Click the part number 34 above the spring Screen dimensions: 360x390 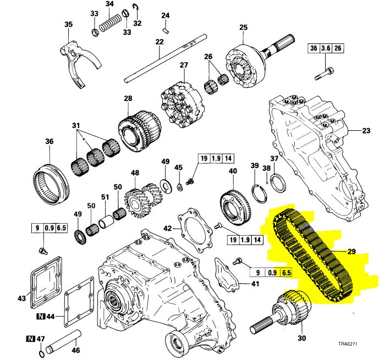coord(109,4)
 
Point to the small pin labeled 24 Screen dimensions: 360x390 coord(164,24)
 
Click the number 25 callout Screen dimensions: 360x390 coord(244,27)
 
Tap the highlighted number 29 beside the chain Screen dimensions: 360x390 coord(351,252)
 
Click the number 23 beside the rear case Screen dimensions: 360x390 coord(367,131)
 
